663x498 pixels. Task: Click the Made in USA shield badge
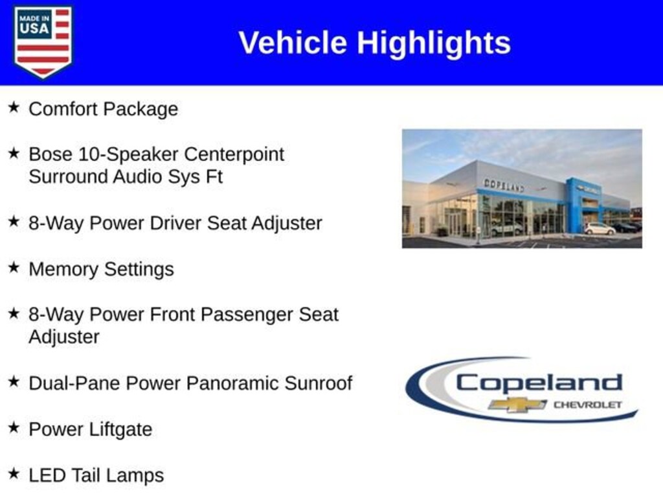click(x=43, y=41)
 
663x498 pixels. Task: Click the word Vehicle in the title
click(x=293, y=43)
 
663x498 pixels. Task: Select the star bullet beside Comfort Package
click(x=14, y=107)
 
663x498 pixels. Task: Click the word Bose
click(x=51, y=154)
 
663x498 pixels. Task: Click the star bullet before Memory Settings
click(x=14, y=267)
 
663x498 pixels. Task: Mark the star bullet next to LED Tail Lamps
click(x=14, y=473)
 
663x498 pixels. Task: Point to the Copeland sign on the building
click(x=504, y=185)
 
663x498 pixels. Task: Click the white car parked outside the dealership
click(x=600, y=229)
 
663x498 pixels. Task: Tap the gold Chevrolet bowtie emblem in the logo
click(x=517, y=405)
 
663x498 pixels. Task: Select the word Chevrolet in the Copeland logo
click(x=588, y=405)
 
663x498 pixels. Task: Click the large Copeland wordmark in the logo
click(x=539, y=384)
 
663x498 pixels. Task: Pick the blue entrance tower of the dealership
click(x=583, y=206)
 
